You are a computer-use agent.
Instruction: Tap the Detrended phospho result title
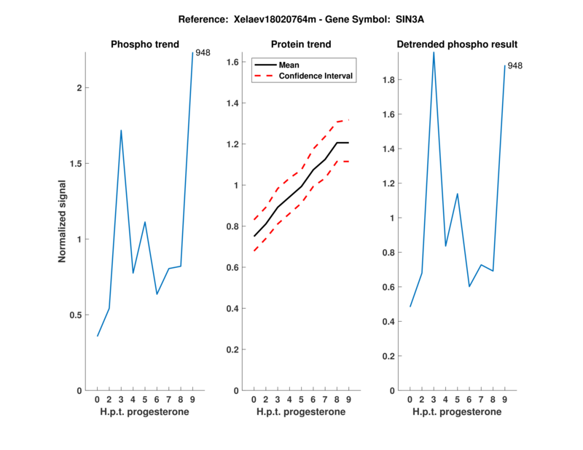[x=457, y=44]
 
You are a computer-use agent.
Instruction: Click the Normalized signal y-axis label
[x=62, y=221]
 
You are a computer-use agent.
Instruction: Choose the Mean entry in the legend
[x=289, y=65]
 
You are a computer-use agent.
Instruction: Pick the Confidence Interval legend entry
[x=317, y=76]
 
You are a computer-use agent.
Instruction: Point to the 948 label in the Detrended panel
[x=514, y=66]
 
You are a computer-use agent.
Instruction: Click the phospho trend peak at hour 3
[x=121, y=130]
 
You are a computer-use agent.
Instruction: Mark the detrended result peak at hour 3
[x=434, y=52]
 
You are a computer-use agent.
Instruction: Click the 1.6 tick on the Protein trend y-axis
[x=234, y=63]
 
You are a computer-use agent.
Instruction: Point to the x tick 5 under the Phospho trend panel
[x=145, y=400]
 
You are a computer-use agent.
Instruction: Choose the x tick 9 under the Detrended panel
[x=505, y=400]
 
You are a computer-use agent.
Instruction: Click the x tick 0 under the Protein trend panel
[x=254, y=400]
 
